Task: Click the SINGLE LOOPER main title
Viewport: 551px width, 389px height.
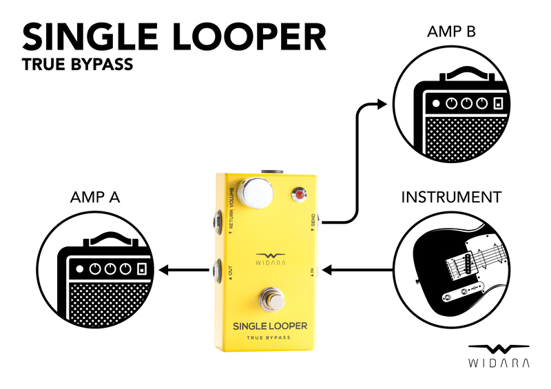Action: point(174,38)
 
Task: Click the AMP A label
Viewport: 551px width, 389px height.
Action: point(95,198)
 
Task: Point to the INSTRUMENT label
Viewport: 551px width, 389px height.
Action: point(451,198)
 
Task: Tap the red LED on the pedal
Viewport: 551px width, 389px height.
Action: point(299,196)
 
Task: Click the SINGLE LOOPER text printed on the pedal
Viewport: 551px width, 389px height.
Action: point(270,326)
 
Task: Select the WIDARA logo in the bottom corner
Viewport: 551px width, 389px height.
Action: point(499,355)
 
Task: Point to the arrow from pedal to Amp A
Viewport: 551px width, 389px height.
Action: point(185,271)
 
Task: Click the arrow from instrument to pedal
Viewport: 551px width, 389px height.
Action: point(358,271)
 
